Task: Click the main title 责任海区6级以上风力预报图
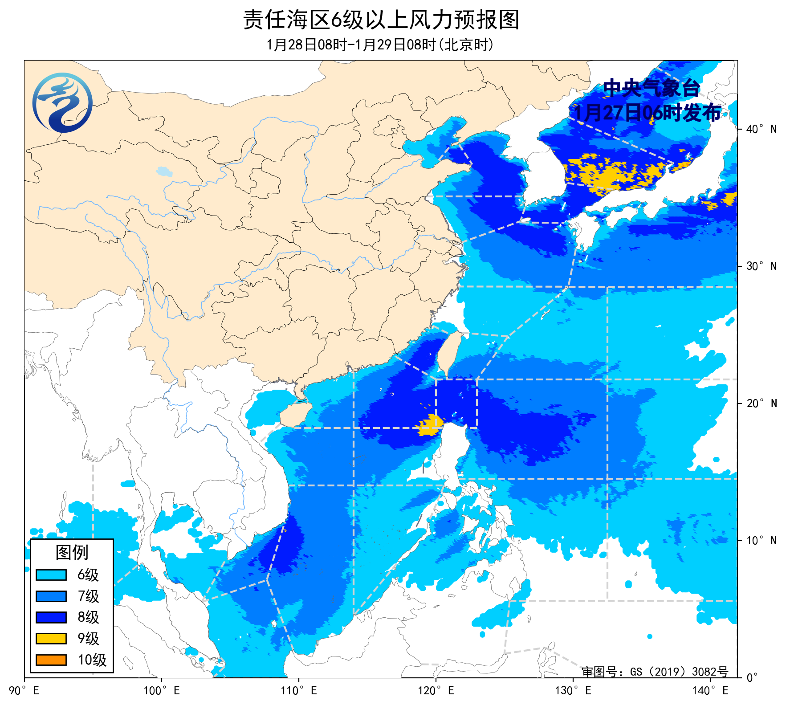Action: coord(381,20)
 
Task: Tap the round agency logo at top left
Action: coord(62,102)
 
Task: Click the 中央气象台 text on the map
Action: coord(651,88)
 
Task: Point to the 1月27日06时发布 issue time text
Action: coord(647,113)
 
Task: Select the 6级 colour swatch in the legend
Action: coord(51,575)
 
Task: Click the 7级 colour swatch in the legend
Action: coord(51,596)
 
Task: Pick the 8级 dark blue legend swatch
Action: coord(51,617)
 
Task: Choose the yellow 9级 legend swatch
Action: coord(51,639)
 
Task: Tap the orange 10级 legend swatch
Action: coord(51,660)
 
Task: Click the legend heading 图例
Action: coord(72,553)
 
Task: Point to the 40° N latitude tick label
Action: coord(761,129)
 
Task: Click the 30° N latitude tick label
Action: coord(761,266)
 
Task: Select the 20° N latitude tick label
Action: coord(761,403)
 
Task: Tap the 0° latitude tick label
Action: coord(752,678)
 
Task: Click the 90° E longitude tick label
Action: coord(24,691)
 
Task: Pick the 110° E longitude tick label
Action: coord(299,691)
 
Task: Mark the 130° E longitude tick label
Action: coord(573,691)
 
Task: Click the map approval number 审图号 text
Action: coord(655,672)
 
